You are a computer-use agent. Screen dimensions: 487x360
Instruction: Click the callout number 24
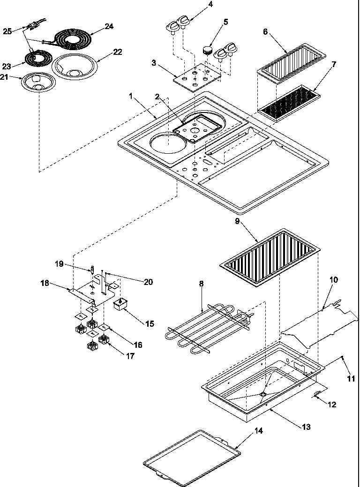[x=109, y=26]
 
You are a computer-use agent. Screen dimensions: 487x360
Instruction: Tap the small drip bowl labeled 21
[x=38, y=83]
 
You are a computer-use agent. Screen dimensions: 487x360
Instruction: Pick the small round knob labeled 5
[x=207, y=48]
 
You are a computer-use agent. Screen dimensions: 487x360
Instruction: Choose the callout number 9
[x=238, y=221]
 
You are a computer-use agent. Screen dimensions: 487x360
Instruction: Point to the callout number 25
[x=7, y=31]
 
